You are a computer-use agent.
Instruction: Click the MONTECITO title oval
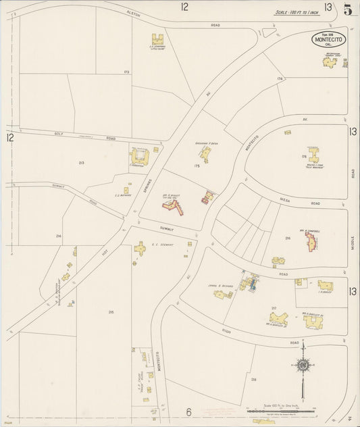329,40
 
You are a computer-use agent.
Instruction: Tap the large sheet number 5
347,9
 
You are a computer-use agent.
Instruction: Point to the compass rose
303,366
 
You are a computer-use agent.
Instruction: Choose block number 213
81,163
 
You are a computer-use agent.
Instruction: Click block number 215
110,311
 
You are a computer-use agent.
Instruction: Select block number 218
253,380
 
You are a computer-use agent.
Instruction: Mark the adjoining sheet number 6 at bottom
189,411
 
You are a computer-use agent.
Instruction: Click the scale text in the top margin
297,12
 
